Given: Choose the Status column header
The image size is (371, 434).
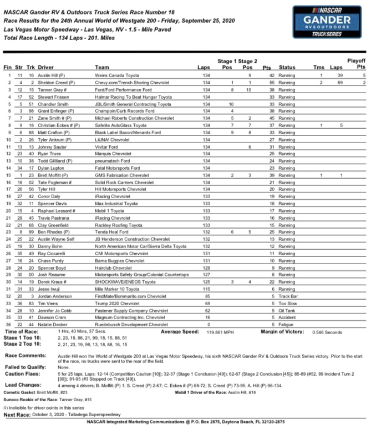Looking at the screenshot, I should (287, 67).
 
